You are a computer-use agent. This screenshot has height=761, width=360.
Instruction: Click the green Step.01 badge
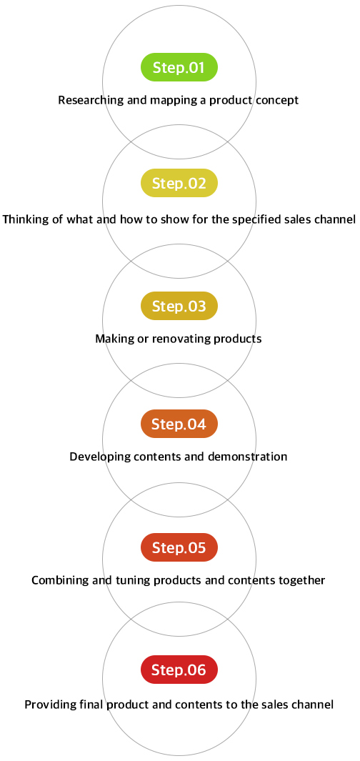point(179,67)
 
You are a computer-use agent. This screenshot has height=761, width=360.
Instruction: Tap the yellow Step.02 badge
point(179,183)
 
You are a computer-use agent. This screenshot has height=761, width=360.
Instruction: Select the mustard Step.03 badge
point(179,307)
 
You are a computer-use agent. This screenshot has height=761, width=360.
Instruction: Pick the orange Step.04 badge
point(179,424)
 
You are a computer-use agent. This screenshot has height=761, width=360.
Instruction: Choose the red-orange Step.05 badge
point(179,547)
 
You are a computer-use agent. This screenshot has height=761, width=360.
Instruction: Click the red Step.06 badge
point(179,670)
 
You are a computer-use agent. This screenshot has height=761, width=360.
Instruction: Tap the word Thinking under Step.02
point(21,219)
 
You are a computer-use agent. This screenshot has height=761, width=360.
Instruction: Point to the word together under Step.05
point(304,581)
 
